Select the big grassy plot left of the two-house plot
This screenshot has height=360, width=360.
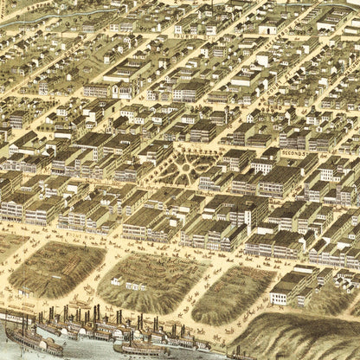(x=56, y=268)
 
